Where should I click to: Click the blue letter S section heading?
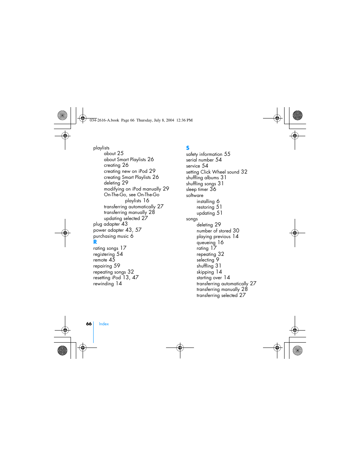coord(188,148)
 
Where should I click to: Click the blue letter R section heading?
coord(95,242)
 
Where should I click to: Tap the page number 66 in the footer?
coord(89,324)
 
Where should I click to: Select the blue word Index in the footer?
coord(104,324)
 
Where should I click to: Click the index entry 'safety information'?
coord(204,154)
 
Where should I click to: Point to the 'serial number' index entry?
coord(200,160)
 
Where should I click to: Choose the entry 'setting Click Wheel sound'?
coord(212,172)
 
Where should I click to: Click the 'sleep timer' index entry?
coord(197,189)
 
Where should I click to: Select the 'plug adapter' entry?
coord(106,224)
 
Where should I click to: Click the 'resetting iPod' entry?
coord(107,278)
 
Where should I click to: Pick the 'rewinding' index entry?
coord(103,284)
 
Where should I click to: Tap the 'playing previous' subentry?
coord(213,237)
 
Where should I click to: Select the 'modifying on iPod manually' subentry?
coord(132,189)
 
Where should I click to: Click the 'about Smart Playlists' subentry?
coord(125,160)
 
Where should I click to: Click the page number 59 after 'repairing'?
coord(117,266)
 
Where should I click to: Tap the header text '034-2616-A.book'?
coord(104,120)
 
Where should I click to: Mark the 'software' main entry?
coord(195,195)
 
